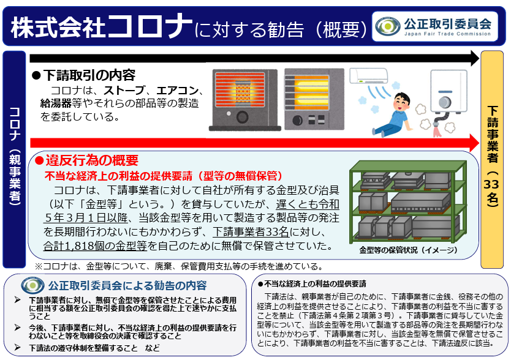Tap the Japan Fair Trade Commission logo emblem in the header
coord(387,26)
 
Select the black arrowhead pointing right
coord(475,58)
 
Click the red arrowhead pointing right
coord(475,143)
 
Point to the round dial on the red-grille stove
coord(242,117)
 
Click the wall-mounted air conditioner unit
coord(369,76)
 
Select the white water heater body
coord(449,91)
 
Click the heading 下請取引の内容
coord(89,75)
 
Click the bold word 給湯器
coord(56,103)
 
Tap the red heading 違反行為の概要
coord(92,160)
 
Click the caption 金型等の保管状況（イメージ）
coord(408,250)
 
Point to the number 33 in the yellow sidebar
coord(491,184)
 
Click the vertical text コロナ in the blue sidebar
coord(15,124)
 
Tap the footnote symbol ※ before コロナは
coord(39,266)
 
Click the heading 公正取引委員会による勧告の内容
coord(127,285)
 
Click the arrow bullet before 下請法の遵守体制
coord(18,347)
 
